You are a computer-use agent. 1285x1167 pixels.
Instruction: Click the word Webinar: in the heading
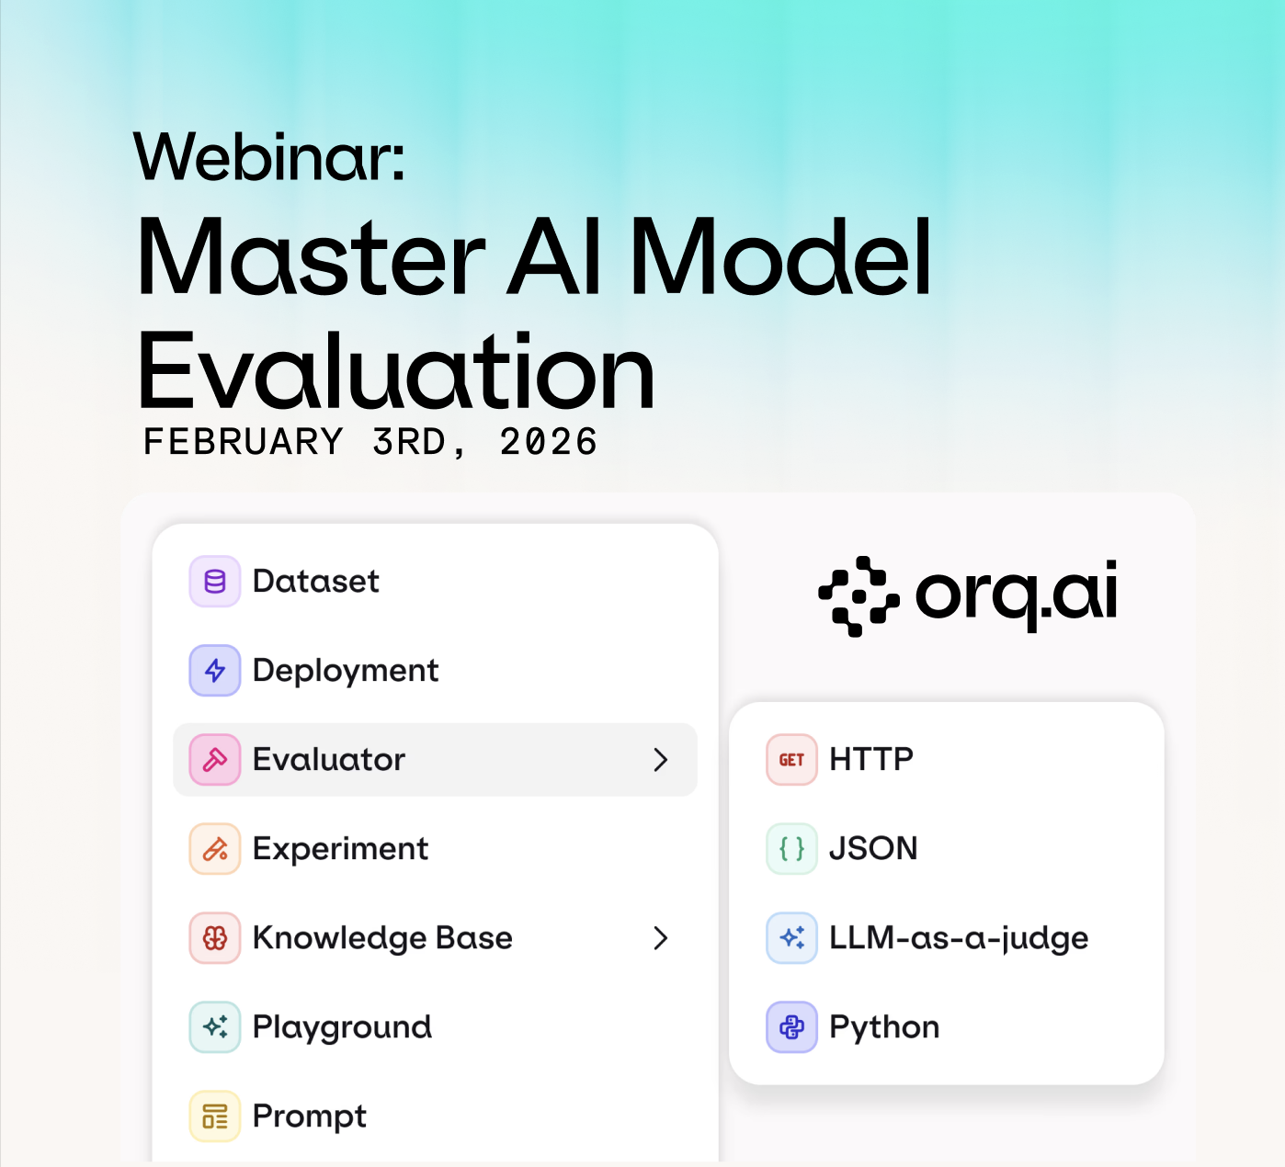[x=269, y=157]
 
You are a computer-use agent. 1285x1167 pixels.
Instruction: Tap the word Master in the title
[x=311, y=256]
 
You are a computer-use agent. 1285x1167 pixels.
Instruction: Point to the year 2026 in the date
[x=549, y=442]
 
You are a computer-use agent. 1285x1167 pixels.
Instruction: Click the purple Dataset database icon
[x=214, y=582]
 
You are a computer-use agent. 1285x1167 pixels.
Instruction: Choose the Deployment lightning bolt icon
[x=214, y=671]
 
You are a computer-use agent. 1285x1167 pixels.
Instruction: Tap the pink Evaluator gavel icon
[x=214, y=760]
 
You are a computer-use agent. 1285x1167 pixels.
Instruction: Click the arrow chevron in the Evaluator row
[x=661, y=760]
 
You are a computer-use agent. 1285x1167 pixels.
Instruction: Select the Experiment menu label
[x=340, y=849]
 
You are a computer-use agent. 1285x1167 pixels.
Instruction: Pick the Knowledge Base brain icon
[x=214, y=938]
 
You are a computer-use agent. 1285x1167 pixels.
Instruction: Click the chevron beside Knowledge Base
[x=661, y=938]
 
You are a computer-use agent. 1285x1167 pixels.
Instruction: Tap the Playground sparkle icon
[x=214, y=1027]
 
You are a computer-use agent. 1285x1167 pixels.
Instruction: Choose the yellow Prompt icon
[x=214, y=1116]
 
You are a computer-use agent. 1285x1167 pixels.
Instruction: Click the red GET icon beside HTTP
[x=791, y=760]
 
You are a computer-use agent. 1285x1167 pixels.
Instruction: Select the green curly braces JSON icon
[x=791, y=849]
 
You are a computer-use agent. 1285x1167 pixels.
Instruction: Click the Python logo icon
[x=791, y=1027]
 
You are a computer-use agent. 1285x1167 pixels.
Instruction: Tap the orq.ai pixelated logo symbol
[x=859, y=596]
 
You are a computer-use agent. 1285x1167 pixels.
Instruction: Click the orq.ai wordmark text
[x=1017, y=595]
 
